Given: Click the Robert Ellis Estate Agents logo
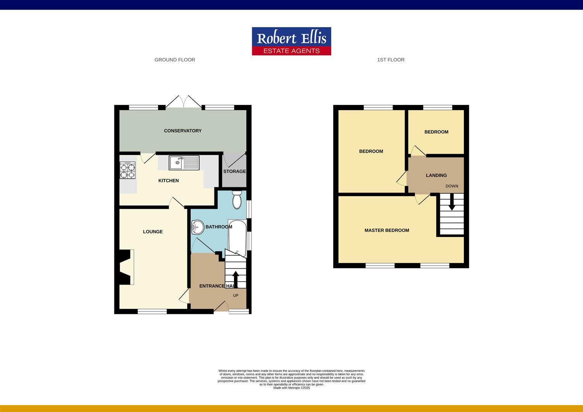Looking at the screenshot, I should pos(291,41).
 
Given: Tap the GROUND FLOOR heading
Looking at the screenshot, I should pos(175,60).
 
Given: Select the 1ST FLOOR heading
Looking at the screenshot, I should pos(391,60).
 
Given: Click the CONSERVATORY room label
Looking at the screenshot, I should pos(183,131).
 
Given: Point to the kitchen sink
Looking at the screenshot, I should pos(184,163).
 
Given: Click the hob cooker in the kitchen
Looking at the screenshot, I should pos(127,171).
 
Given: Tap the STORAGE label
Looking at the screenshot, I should pos(234,172).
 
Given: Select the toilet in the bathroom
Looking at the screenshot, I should pos(237,200).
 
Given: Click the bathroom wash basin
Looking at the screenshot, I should pos(198,227).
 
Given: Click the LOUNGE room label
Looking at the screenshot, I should pos(153,232).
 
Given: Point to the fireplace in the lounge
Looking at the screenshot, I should pos(126,267).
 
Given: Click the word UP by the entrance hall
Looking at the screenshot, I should pos(235,296).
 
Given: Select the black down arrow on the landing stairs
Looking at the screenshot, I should pos(452,202).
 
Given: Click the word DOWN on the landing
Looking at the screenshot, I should pos(452,186).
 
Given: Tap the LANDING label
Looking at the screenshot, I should pos(436,175).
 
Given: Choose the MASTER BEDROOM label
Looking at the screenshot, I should pos(387,230).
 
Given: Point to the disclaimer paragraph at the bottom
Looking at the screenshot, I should pos(291,379).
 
